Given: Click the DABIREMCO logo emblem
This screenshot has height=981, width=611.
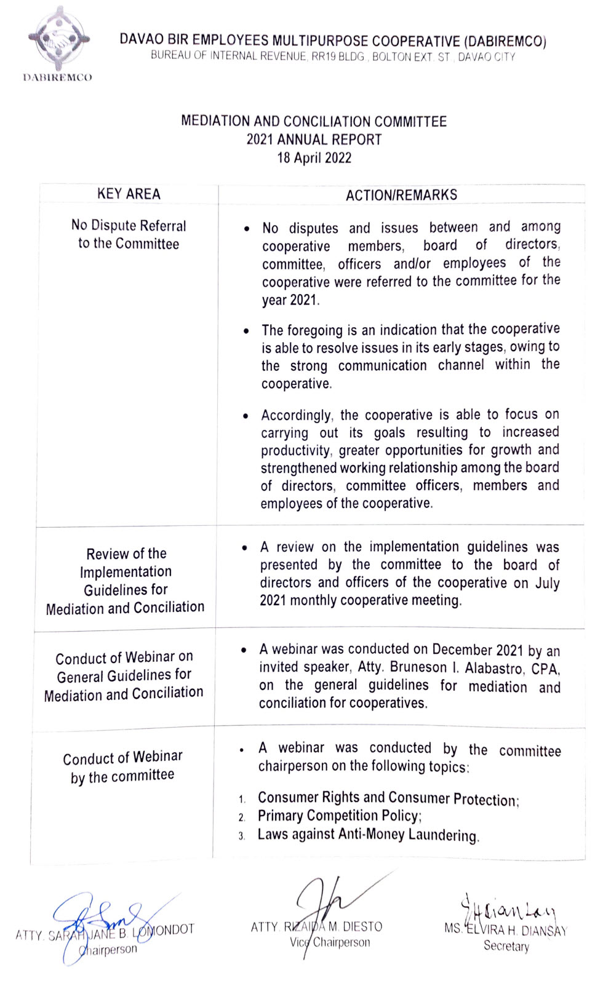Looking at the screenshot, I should (x=58, y=39).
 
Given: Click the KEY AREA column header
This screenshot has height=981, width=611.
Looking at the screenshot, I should (x=129, y=194).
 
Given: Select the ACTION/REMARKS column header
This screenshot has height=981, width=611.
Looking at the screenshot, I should (x=401, y=195).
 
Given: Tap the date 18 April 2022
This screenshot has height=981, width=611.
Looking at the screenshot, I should (x=314, y=158).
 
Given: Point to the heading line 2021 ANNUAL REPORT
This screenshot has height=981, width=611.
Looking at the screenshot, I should (x=314, y=140).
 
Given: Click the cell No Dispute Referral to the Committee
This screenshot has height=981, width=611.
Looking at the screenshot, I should (x=129, y=234).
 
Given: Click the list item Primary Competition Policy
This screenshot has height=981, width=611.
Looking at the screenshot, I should (x=339, y=816).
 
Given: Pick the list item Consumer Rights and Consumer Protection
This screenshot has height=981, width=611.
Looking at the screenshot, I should (x=388, y=798).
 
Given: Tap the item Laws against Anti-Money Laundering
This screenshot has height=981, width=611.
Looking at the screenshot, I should (x=367, y=835).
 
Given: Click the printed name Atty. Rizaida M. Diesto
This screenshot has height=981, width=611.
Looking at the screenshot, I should (x=316, y=927).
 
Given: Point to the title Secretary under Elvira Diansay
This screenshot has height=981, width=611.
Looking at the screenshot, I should (x=506, y=946).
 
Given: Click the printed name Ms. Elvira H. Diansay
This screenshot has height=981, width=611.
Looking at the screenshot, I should (x=505, y=930).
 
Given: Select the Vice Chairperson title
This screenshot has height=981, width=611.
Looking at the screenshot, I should (x=330, y=942).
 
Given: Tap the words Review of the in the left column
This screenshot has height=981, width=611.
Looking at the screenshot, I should (x=126, y=554).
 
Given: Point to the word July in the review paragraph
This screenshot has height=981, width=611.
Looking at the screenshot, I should (x=547, y=583).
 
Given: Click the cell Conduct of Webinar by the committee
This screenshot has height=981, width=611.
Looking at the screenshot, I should (x=122, y=766).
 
